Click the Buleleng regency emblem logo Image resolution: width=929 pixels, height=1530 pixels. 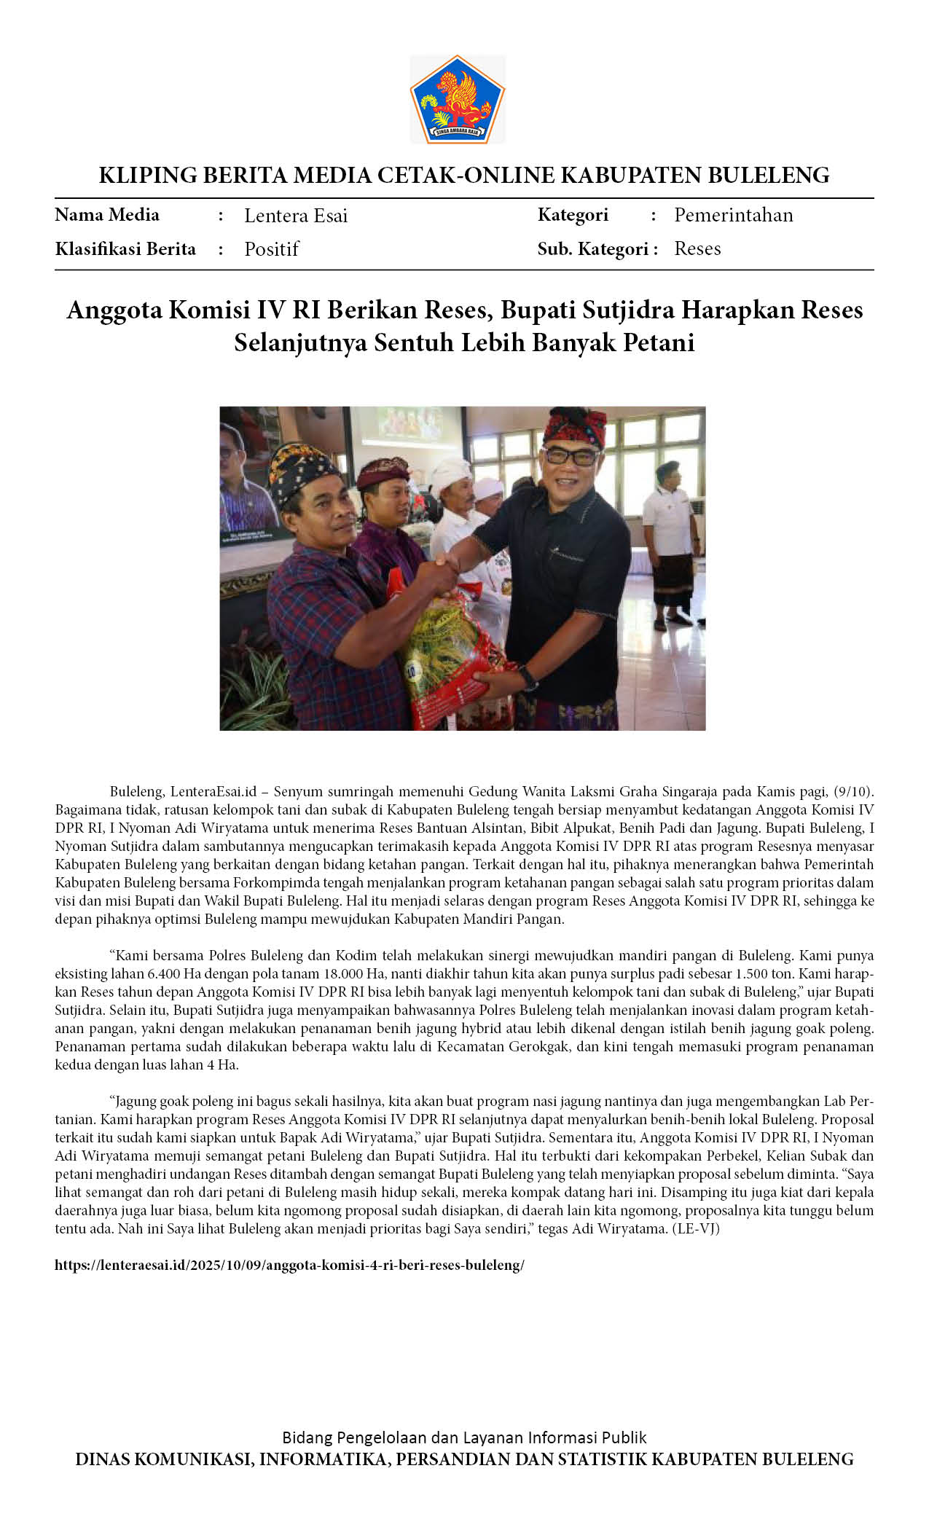pos(457,99)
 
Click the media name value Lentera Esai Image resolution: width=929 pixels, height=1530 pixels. pos(295,216)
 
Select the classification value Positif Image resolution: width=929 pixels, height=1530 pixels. pos(271,249)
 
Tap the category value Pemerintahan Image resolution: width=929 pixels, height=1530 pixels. pos(733,215)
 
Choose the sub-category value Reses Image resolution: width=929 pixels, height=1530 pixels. pos(697,248)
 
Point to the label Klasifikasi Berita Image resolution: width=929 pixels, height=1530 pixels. pos(125,249)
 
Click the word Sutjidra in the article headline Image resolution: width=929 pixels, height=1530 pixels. pos(629,310)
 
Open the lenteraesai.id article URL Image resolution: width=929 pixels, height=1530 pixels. pos(289,1265)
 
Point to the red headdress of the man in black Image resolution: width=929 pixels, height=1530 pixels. pos(574,426)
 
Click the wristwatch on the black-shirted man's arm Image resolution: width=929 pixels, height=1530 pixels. pos(528,678)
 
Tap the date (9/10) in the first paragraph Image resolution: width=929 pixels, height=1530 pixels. pos(852,792)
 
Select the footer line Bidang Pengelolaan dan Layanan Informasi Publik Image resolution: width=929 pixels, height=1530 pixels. pos(464,1437)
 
